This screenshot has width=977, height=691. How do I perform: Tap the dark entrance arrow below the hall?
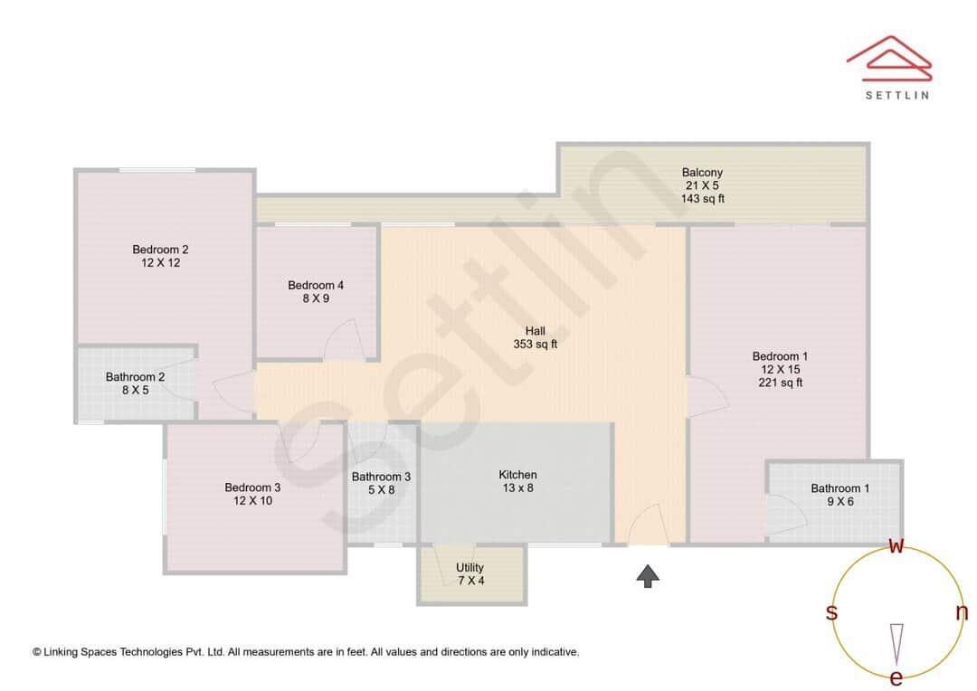point(648,576)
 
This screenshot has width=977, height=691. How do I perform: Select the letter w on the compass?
point(896,545)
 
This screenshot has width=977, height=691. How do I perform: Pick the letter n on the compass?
point(962,612)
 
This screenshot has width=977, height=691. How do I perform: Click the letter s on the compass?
point(831,612)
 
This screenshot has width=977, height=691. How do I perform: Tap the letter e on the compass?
point(896,677)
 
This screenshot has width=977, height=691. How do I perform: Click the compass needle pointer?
point(896,640)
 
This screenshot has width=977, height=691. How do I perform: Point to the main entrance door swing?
point(648,525)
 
